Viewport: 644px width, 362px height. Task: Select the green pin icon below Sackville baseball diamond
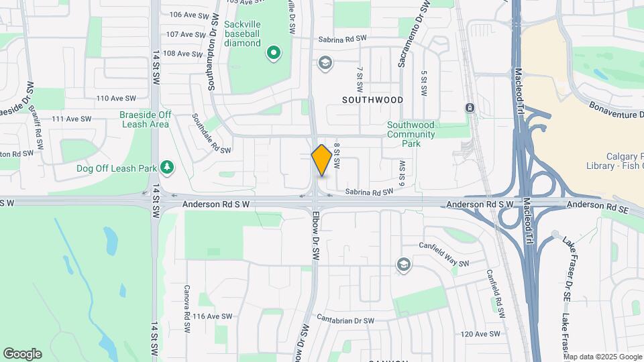pyautogui.click(x=273, y=53)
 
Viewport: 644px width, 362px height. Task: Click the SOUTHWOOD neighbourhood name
pyautogui.click(x=372, y=100)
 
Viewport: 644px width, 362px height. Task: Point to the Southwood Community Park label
pyautogui.click(x=412, y=134)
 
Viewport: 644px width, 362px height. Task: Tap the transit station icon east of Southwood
pyautogui.click(x=470, y=108)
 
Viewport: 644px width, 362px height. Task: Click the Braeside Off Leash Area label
pyautogui.click(x=145, y=119)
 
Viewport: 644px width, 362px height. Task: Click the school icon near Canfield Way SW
pyautogui.click(x=402, y=265)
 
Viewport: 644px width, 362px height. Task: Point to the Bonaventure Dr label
pyautogui.click(x=616, y=111)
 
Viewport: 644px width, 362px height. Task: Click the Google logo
pyautogui.click(x=22, y=354)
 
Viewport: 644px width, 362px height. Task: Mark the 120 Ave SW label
pyautogui.click(x=480, y=334)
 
